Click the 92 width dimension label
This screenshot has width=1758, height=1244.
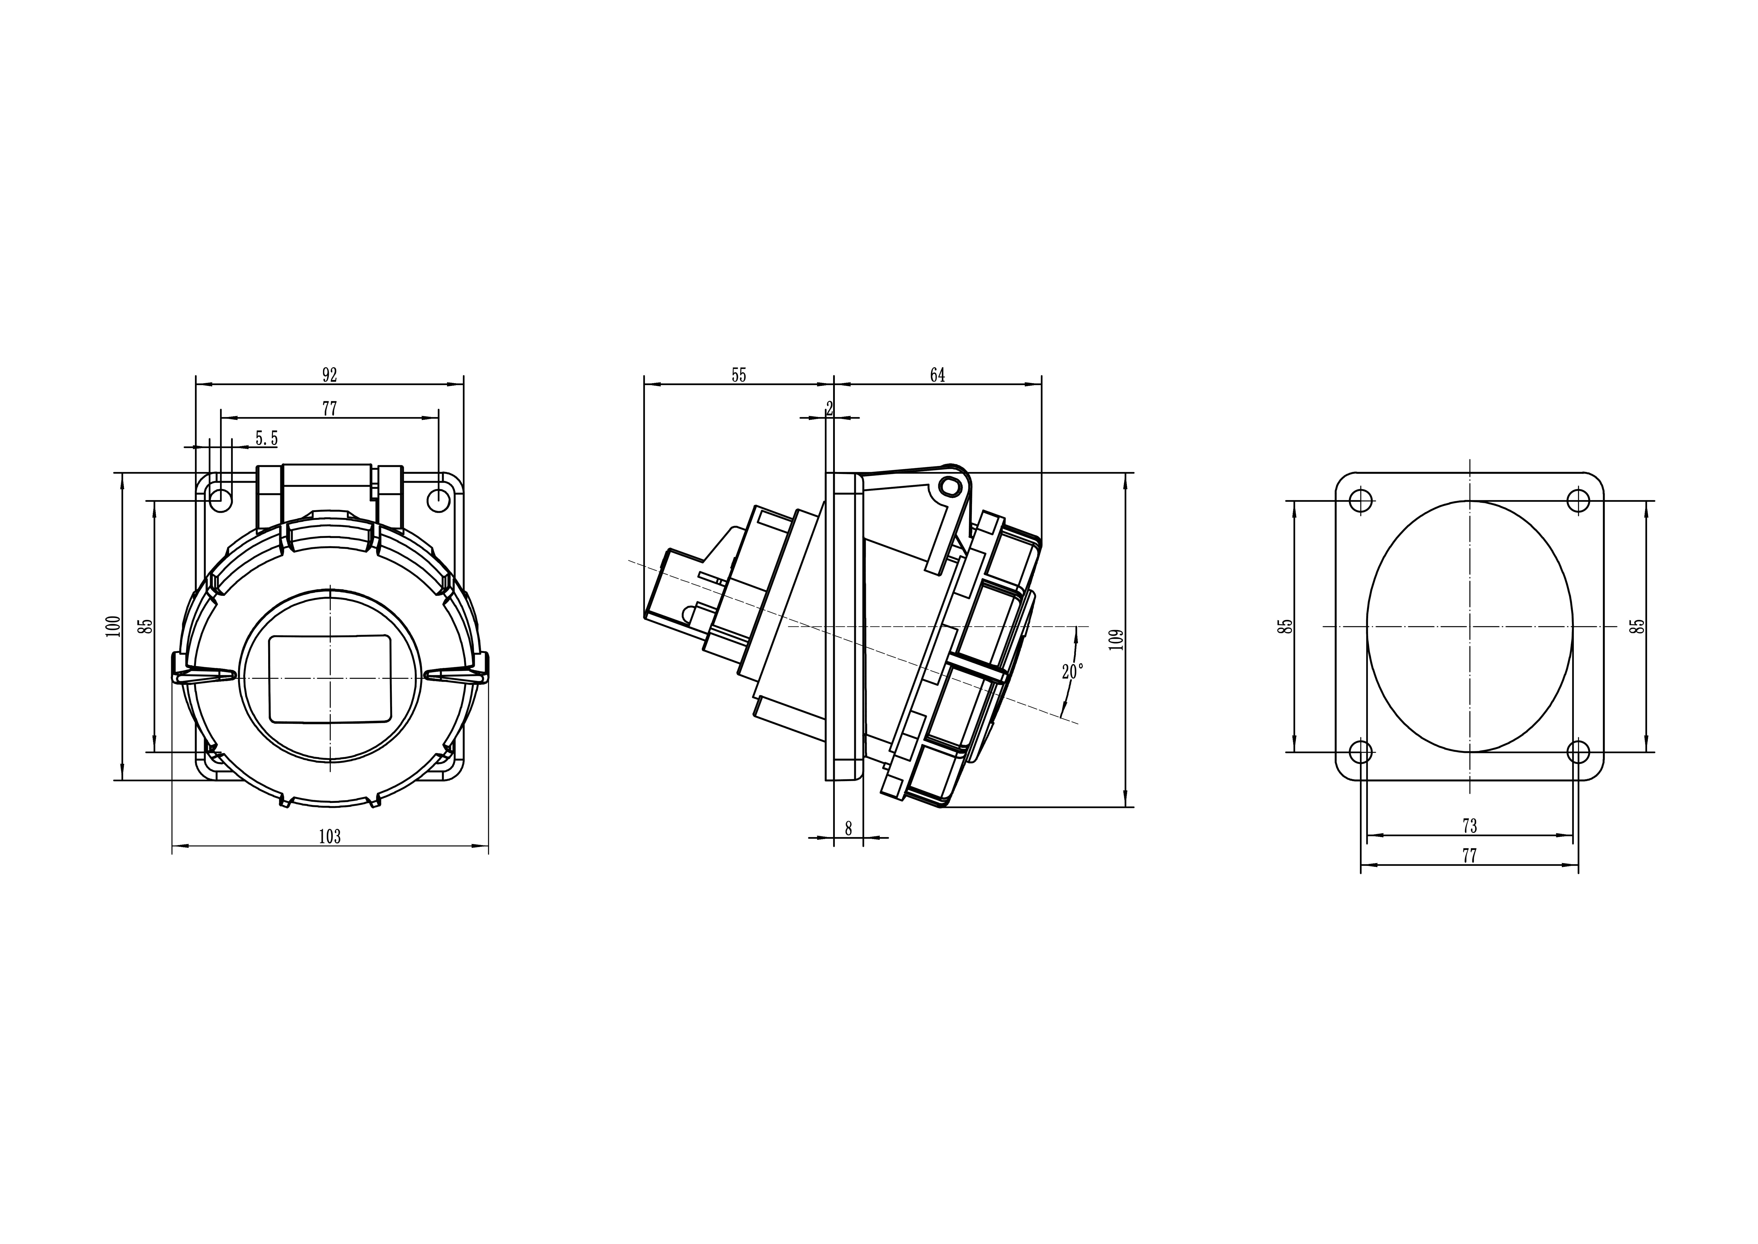pos(329,375)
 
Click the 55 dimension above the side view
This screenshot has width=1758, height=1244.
pos(739,375)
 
